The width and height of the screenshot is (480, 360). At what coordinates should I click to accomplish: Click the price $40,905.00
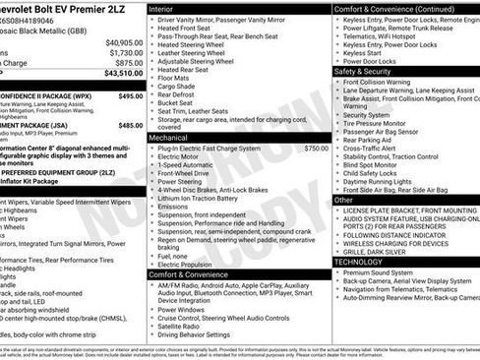(x=124, y=43)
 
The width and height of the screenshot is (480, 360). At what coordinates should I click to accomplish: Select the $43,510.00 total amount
(x=122, y=74)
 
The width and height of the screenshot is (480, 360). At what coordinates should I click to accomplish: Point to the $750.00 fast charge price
(x=315, y=148)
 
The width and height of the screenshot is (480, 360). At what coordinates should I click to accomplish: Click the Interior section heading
(x=167, y=8)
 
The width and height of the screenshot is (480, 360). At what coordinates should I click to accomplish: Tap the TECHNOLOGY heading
(x=366, y=262)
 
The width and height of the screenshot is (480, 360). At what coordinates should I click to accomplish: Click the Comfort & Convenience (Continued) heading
(x=393, y=8)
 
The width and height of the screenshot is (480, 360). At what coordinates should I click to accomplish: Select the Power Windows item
(x=186, y=308)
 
